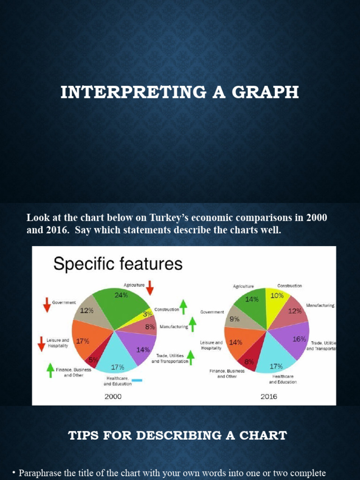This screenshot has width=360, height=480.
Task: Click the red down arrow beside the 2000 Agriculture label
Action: click(150, 287)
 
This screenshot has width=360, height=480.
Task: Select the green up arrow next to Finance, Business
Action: click(51, 370)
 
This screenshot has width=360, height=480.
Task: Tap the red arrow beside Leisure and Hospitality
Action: click(42, 344)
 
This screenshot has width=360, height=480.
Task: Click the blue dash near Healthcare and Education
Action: click(137, 380)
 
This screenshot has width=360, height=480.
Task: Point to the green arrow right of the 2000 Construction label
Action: click(183, 307)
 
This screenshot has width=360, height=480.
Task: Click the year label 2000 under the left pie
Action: click(113, 397)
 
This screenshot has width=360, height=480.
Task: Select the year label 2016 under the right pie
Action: click(269, 397)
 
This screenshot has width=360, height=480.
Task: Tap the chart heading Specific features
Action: click(118, 264)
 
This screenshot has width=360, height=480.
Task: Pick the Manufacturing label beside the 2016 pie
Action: click(320, 305)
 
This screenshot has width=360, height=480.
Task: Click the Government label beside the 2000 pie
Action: click(64, 303)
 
